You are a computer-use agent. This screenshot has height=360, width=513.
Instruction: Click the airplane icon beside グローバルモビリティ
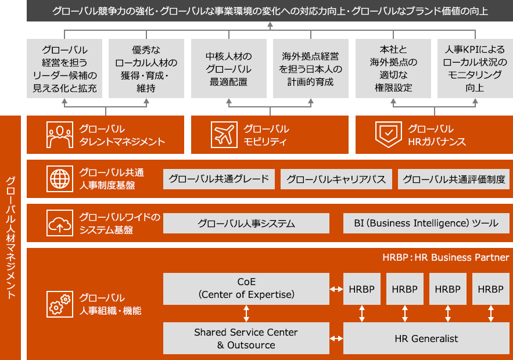(x=223, y=135)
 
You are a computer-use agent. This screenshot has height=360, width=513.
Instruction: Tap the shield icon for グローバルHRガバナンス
(x=387, y=135)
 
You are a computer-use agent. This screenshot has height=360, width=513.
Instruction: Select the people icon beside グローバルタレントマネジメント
(x=58, y=135)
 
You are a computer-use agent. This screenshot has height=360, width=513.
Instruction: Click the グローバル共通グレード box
(x=219, y=179)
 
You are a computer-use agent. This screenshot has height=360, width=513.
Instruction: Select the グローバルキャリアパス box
(x=336, y=179)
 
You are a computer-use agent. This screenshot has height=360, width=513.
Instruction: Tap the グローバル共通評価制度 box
(x=454, y=179)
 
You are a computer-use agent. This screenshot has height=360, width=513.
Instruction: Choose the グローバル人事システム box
(x=246, y=224)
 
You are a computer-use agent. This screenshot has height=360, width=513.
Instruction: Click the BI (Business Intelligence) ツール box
(x=426, y=224)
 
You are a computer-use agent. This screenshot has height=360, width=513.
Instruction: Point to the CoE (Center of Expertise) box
(x=246, y=289)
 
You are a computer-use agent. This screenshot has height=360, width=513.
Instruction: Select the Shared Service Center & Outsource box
(x=246, y=339)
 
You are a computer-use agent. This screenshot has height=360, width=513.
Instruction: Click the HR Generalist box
(x=426, y=339)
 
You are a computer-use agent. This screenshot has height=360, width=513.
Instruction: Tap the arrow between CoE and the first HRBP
(x=336, y=289)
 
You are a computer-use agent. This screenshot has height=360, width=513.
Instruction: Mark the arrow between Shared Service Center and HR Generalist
(x=336, y=339)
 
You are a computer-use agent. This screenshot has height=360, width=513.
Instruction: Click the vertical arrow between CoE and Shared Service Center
(x=246, y=314)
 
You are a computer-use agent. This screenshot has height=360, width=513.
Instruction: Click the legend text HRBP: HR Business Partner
(x=446, y=257)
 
